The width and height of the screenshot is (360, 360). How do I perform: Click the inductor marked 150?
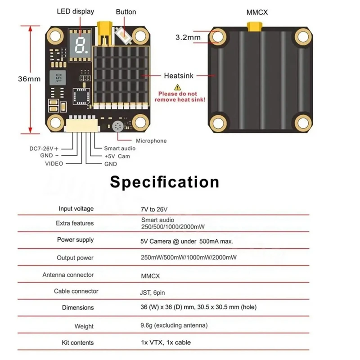pos(58,75)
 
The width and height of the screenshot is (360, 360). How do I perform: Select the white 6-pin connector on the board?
pos(82,125)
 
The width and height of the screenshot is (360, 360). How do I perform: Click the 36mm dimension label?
pos(29,79)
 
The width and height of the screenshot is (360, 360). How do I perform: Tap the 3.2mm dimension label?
pos(188,37)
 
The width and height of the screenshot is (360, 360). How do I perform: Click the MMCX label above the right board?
pos(257,13)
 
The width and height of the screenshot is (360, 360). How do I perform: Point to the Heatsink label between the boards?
pos(179,76)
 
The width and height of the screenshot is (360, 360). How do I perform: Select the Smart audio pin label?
pos(120,148)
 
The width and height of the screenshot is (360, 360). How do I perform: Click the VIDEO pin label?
pos(54,163)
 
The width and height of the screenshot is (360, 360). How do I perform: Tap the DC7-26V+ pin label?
pos(44,148)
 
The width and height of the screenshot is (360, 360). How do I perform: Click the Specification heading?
pos(165,182)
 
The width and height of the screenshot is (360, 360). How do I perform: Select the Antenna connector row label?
pos(68,274)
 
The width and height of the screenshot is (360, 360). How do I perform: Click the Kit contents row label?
pos(78,342)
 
